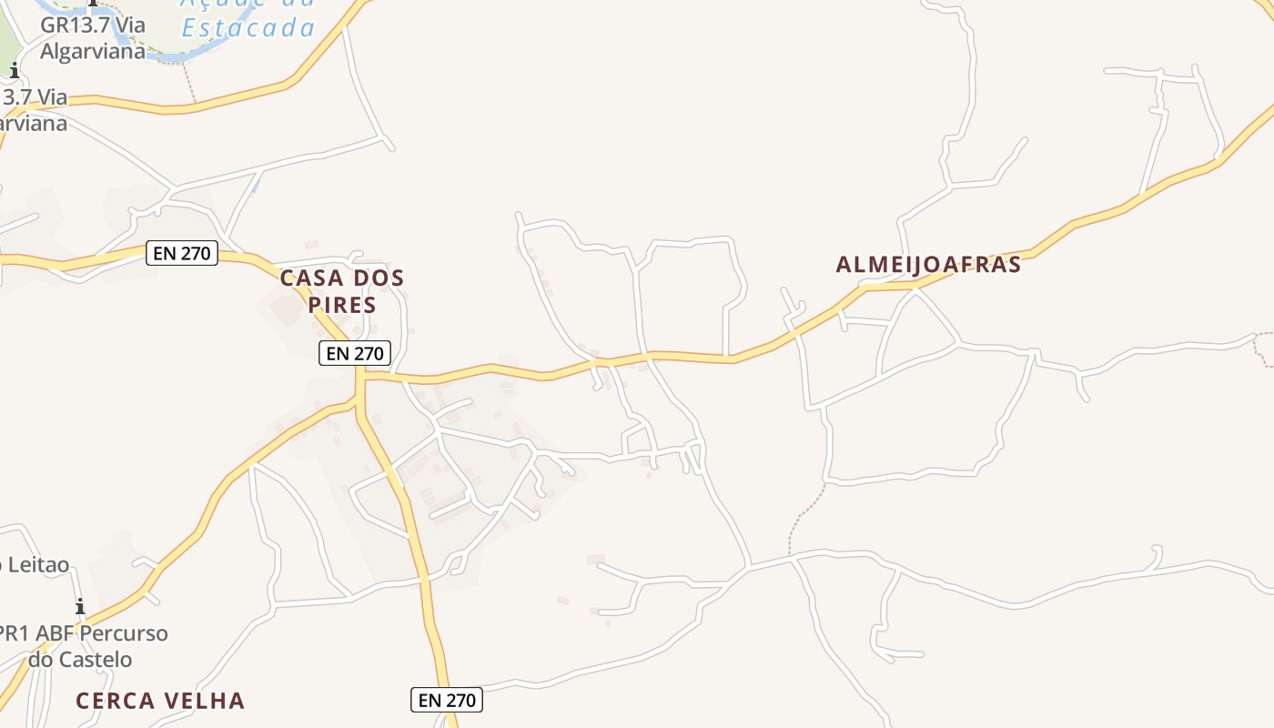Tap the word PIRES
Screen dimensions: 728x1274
(342, 305)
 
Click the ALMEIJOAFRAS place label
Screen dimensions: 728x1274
(928, 265)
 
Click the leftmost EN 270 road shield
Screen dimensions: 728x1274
(182, 253)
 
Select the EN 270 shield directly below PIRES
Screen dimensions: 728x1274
(355, 353)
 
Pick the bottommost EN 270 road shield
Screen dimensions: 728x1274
(446, 700)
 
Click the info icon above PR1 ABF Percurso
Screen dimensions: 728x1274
(80, 606)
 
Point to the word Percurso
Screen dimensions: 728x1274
(123, 632)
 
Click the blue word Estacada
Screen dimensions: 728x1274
(248, 28)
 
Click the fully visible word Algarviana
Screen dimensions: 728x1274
(93, 51)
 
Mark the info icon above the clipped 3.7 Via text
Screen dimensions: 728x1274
(14, 70)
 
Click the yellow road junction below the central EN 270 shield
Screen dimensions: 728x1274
(359, 376)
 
